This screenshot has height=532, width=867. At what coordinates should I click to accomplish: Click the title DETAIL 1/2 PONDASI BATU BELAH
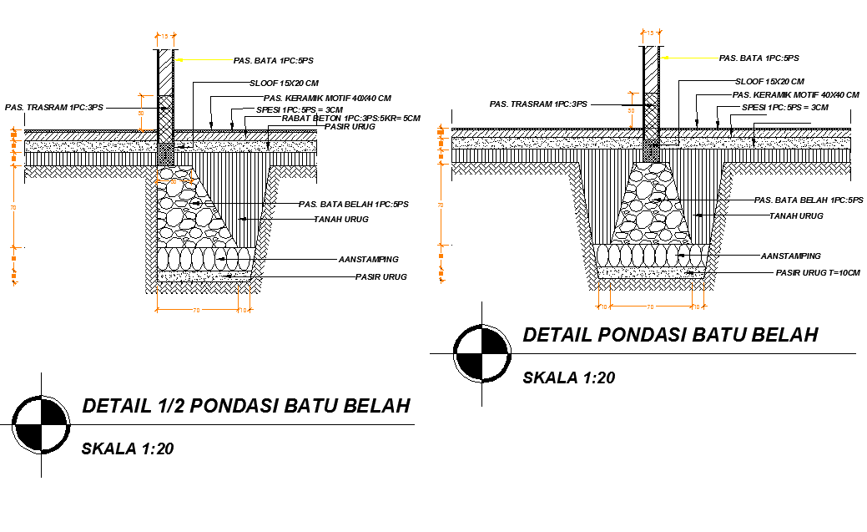pyautogui.click(x=246, y=407)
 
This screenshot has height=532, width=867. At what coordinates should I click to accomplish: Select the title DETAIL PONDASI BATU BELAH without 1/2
pyautogui.click(x=670, y=335)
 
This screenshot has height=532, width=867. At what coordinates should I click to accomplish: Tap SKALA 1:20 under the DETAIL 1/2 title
pyautogui.click(x=127, y=449)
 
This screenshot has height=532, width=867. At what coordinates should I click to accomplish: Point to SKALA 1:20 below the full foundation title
pyautogui.click(x=568, y=377)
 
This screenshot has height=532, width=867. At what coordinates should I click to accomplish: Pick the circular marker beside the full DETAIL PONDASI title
pyautogui.click(x=481, y=352)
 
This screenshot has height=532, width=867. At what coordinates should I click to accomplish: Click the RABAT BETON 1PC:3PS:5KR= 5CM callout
pyautogui.click(x=350, y=118)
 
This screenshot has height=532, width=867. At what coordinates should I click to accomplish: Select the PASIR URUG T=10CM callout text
pyautogui.click(x=818, y=273)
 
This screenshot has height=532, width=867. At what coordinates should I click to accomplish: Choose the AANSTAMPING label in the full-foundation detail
pyautogui.click(x=790, y=256)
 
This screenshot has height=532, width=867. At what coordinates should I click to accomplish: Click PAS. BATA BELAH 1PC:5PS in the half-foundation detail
pyautogui.click(x=354, y=205)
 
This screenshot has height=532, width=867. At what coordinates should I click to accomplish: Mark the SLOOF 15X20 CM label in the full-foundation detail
pyautogui.click(x=769, y=82)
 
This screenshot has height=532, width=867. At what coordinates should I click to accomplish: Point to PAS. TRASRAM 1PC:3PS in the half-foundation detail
pyautogui.click(x=54, y=108)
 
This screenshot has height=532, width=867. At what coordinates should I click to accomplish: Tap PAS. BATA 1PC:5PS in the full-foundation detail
pyautogui.click(x=759, y=58)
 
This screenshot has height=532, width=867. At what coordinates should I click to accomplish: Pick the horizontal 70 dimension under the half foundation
pyautogui.click(x=197, y=310)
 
